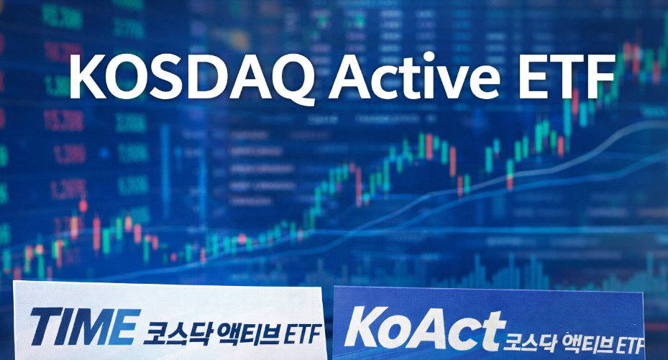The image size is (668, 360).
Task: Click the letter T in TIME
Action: (x=47, y=328)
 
